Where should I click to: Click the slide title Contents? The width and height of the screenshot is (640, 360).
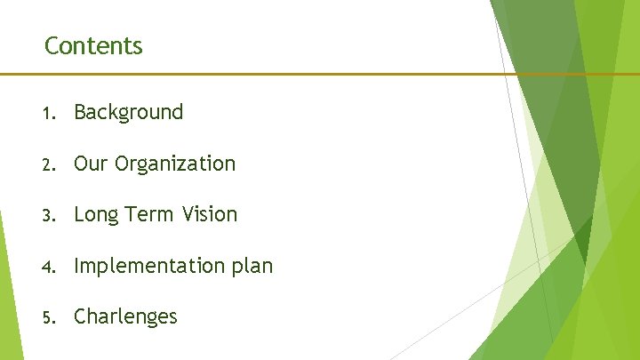coord(93,45)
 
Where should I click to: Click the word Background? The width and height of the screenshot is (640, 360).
coord(128,112)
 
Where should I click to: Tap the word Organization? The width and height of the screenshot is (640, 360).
coord(175,164)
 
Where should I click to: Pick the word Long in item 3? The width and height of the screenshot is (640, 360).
coord(94,215)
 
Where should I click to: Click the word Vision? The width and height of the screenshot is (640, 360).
coord(211,214)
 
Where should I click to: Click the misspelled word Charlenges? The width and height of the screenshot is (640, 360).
coord(125,316)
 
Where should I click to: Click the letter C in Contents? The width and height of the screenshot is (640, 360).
coord(51,45)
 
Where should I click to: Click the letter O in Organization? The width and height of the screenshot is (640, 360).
coord(122,164)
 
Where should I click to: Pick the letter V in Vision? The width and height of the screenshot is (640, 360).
coord(188,214)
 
